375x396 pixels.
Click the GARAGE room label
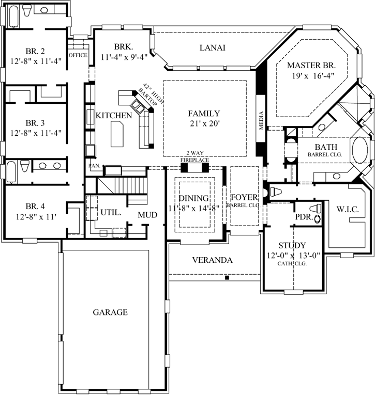point(110,312)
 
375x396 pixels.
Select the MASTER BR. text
point(311,66)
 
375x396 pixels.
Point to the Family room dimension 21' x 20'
point(204,123)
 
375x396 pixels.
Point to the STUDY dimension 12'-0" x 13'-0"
point(292,255)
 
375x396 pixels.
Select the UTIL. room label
point(111,212)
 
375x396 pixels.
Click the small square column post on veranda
point(227,278)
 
